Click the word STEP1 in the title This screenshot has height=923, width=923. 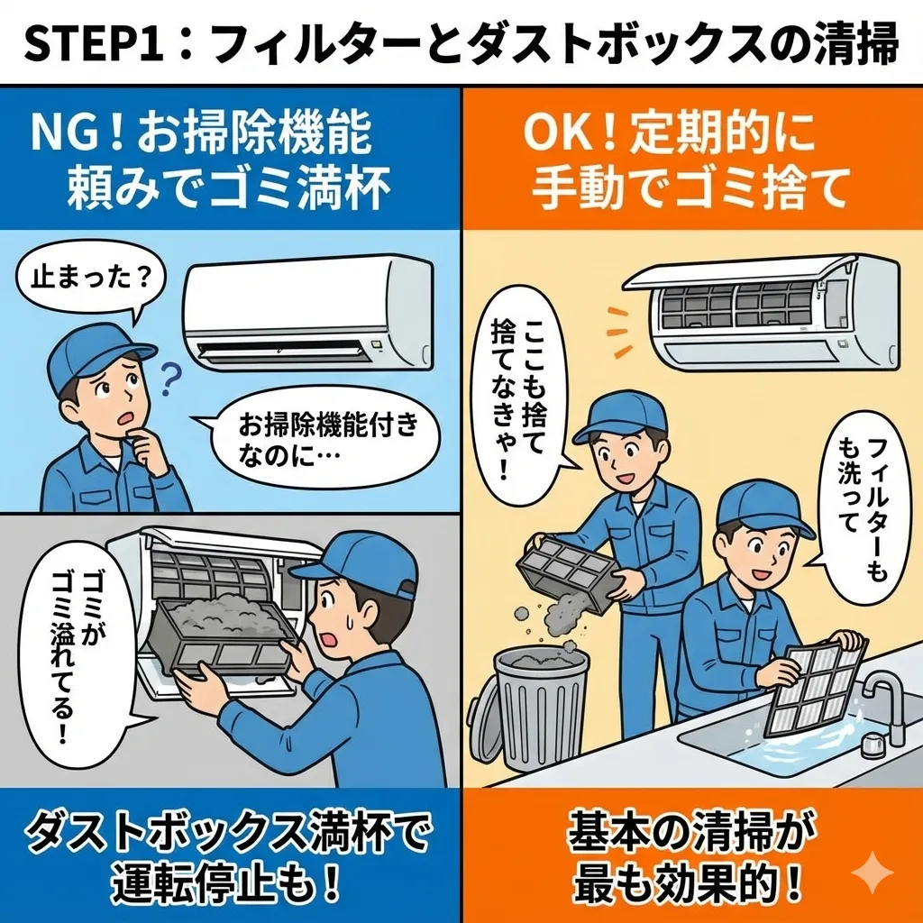pyautogui.click(x=94, y=44)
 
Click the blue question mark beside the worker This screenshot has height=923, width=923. pyautogui.click(x=169, y=379)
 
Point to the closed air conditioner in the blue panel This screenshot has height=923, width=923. pyautogui.click(x=308, y=312)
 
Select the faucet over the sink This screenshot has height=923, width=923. pyautogui.click(x=883, y=707)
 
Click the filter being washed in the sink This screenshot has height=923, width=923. pyautogui.click(x=815, y=689)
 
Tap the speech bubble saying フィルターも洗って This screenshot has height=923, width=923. pyautogui.click(x=863, y=507)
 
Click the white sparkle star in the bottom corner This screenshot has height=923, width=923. pyautogui.click(x=873, y=872)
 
